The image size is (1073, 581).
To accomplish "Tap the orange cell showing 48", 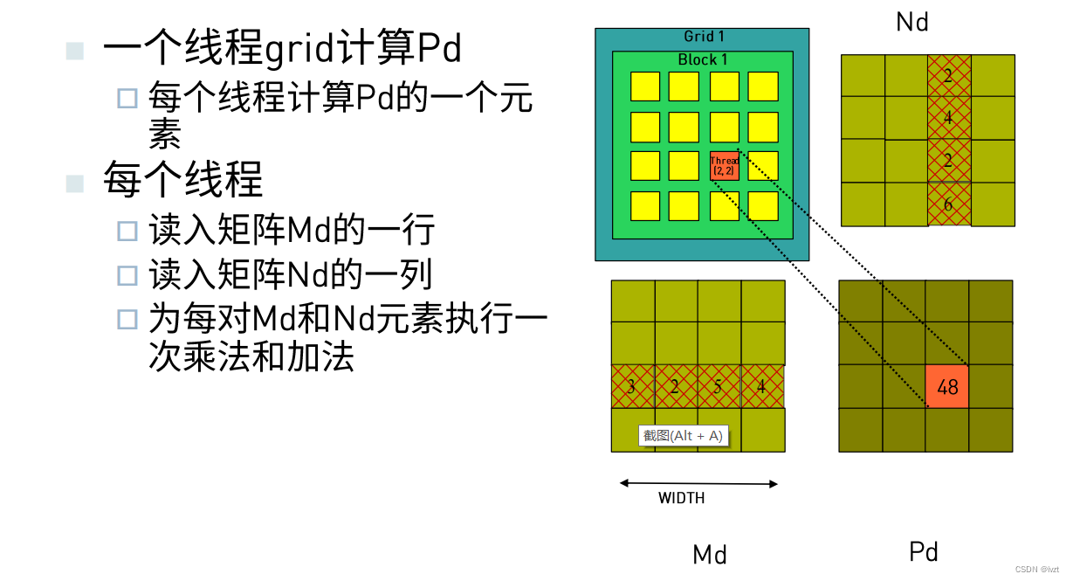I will click(947, 386).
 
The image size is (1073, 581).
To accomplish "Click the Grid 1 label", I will click(704, 37).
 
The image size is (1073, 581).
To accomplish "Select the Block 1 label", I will click(703, 59).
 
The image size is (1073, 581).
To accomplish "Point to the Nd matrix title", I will click(912, 23).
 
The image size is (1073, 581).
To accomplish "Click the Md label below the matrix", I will click(710, 554).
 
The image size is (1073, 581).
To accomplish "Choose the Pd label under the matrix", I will click(924, 551).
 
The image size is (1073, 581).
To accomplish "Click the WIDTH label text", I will click(681, 498).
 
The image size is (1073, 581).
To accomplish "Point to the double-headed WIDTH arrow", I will click(698, 483).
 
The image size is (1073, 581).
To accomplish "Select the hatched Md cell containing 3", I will click(632, 386).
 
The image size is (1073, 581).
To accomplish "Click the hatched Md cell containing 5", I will click(718, 386).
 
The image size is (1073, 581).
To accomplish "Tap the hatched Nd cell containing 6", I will click(948, 204).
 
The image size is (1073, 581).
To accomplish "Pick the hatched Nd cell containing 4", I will click(948, 118).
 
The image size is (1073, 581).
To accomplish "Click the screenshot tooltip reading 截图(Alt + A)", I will click(684, 435).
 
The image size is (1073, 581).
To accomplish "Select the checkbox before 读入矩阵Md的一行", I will click(128, 231).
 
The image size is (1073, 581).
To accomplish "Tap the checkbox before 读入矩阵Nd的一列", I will click(128, 275).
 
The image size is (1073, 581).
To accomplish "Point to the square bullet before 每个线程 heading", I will click(76, 183).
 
